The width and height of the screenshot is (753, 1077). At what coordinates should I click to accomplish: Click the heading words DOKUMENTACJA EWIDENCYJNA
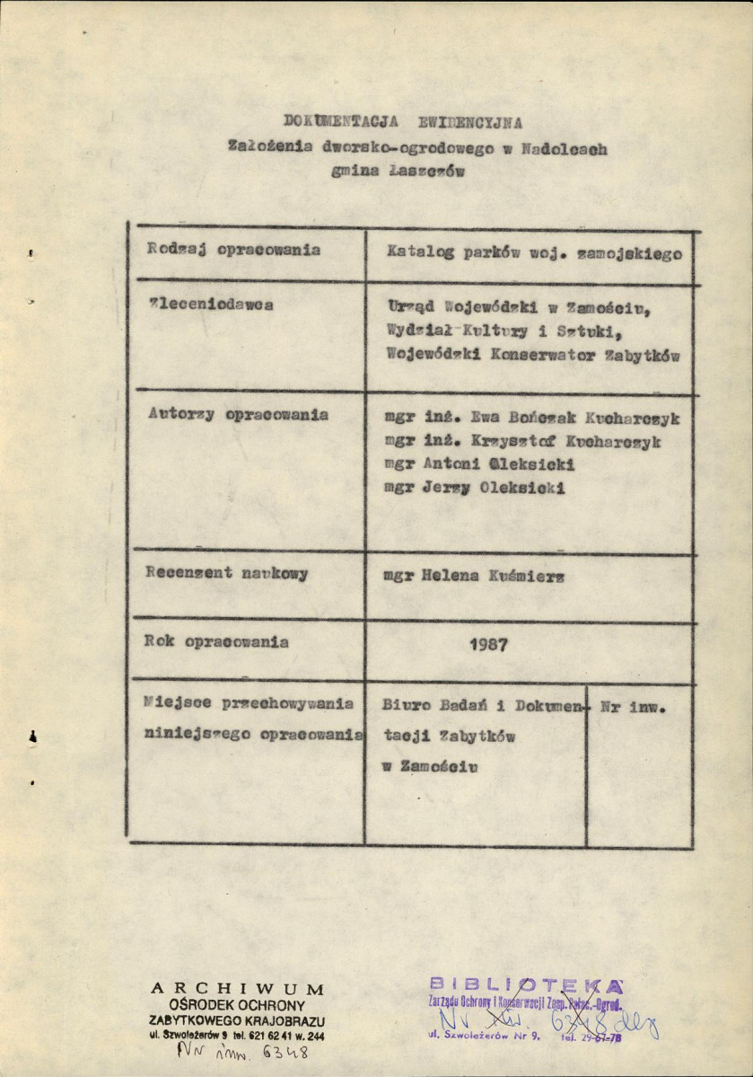(402, 122)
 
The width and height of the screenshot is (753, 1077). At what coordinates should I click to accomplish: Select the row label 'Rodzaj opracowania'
(233, 251)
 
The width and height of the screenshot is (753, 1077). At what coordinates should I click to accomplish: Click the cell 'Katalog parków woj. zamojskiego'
(534, 253)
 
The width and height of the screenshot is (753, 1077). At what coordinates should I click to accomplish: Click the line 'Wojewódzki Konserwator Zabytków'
(532, 354)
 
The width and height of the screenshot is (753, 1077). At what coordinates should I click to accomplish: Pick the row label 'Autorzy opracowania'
(237, 415)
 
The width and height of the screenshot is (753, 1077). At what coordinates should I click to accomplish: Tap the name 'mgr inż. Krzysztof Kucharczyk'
(522, 441)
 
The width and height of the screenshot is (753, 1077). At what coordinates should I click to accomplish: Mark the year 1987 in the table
(489, 643)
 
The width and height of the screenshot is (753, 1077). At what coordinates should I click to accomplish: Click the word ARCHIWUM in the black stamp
(238, 989)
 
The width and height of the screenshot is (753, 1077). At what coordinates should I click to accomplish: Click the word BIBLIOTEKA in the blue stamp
(525, 985)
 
